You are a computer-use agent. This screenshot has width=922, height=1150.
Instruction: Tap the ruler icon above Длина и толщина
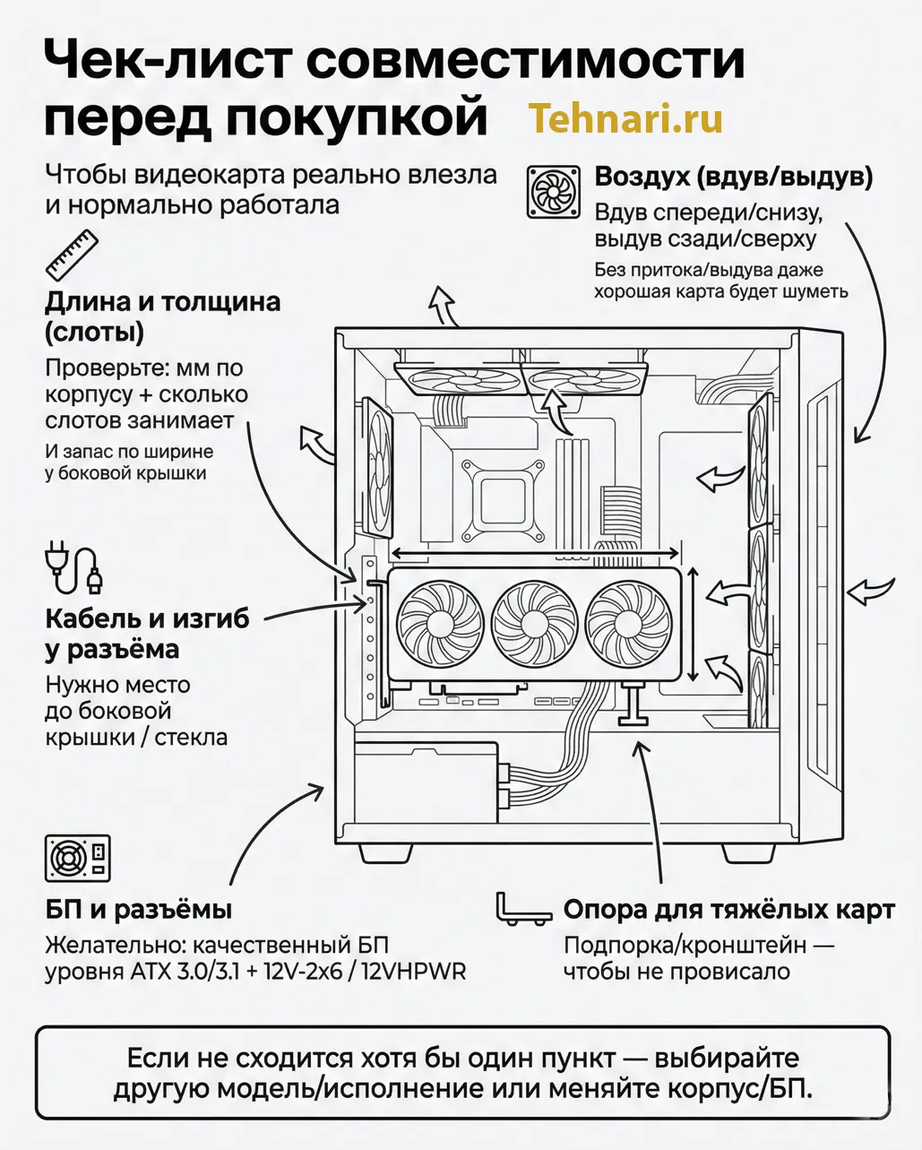coord(72,255)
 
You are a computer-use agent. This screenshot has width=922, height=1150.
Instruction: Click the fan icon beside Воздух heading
coord(553,191)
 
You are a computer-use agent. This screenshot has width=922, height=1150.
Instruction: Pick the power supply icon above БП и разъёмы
coord(77,858)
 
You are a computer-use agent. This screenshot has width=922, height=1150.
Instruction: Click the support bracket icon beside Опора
coord(523,909)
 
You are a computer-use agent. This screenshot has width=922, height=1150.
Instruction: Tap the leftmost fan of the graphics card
coord(439,622)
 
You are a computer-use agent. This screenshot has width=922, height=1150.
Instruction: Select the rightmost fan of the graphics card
coord(627,622)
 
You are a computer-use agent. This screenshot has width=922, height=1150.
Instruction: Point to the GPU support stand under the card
coord(634,705)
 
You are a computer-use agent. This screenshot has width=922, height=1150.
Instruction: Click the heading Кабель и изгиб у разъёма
coord(147,634)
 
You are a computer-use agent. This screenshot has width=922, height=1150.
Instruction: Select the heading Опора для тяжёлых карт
coord(728,910)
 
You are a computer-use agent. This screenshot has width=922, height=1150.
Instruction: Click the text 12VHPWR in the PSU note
coord(413,972)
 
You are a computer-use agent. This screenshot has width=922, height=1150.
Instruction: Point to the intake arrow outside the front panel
coord(871,592)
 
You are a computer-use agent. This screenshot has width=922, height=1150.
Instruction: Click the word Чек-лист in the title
coord(166,61)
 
